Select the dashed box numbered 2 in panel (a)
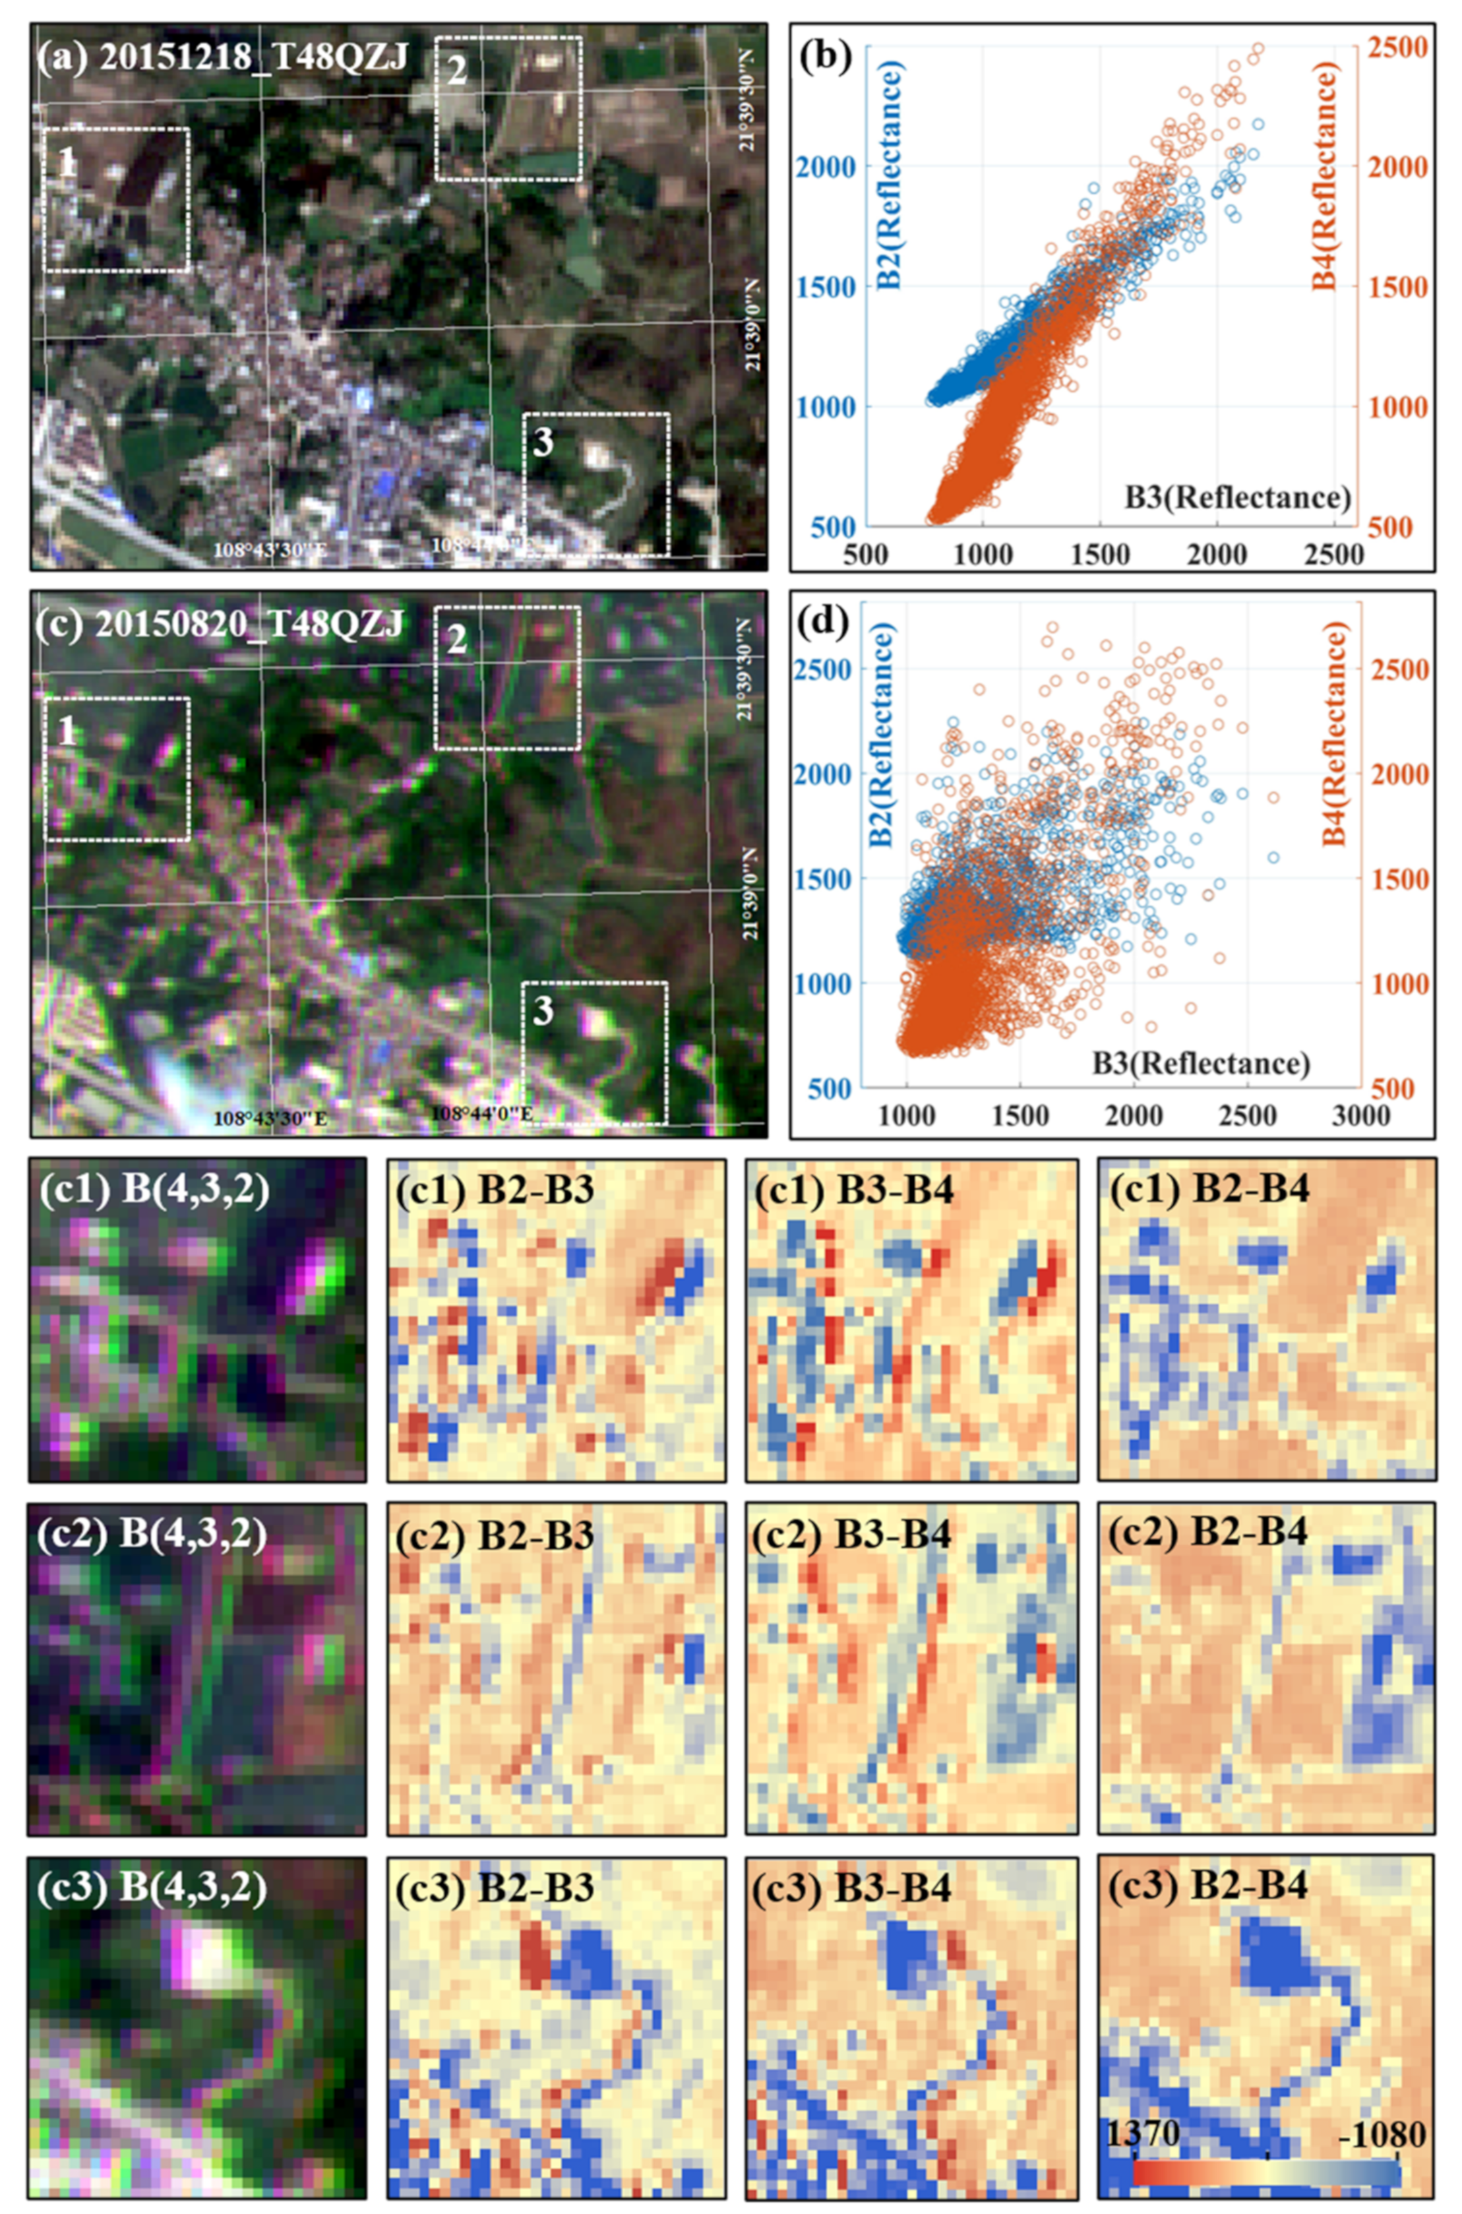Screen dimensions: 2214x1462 [x=508, y=108]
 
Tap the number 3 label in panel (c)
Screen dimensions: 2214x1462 [x=543, y=1012]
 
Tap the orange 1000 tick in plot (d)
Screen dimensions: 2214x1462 [x=1397, y=983]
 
